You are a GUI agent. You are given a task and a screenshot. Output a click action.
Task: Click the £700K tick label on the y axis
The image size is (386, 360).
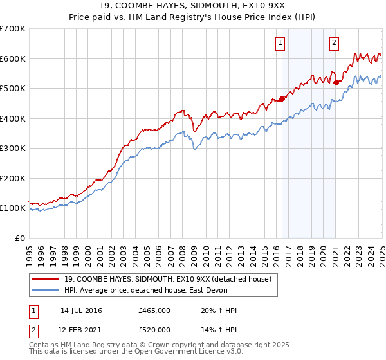13,29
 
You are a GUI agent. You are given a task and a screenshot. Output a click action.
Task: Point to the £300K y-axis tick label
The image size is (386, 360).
13,148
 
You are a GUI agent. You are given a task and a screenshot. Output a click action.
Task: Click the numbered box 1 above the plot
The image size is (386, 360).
281,43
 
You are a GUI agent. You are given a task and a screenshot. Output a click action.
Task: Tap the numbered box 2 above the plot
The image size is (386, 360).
335,43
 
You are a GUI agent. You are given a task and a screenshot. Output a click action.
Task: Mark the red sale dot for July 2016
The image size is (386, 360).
282,99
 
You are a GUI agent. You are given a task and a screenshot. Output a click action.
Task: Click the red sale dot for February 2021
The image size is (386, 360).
336,82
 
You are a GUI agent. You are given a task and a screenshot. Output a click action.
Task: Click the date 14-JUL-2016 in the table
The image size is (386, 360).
81,310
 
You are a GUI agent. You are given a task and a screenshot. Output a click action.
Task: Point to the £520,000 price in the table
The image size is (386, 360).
154,328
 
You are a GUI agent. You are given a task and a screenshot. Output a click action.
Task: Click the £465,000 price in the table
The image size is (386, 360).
154,310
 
